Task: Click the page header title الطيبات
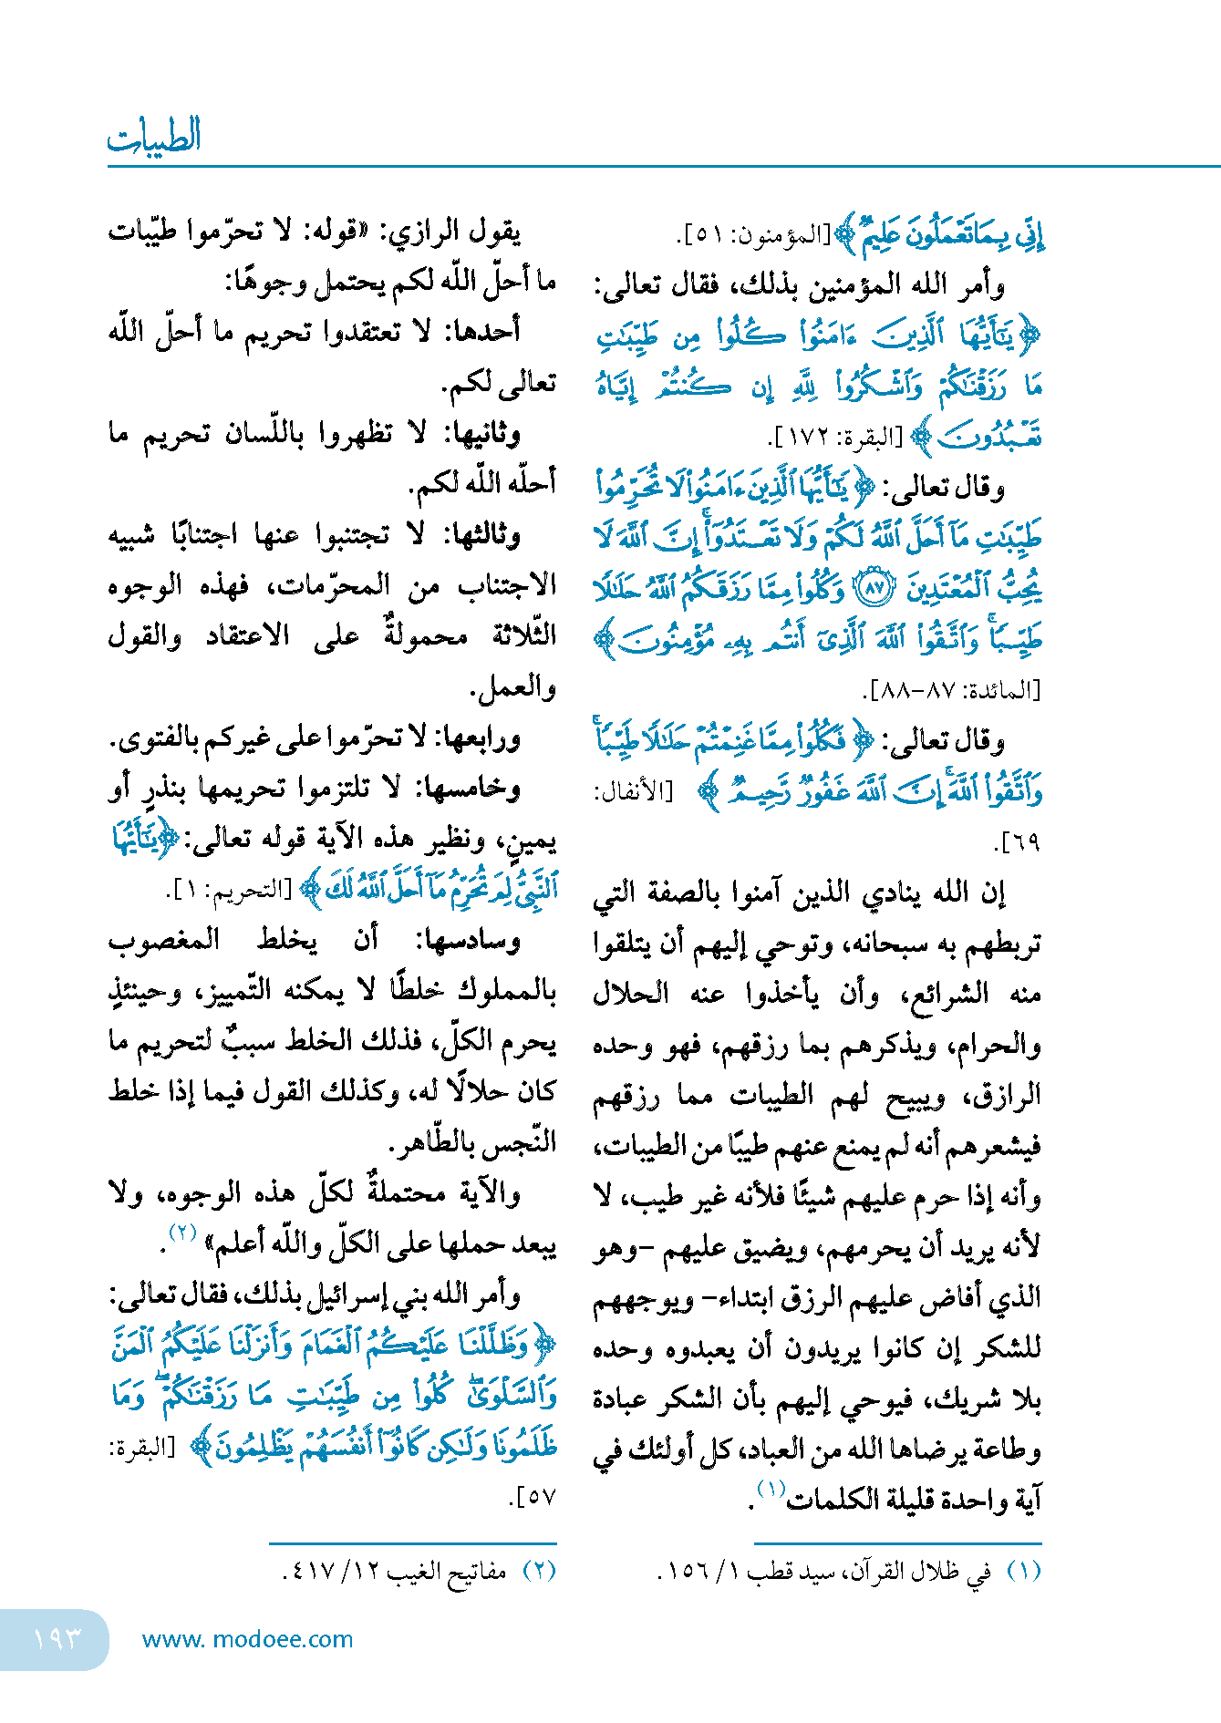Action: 154,137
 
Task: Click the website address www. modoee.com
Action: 247,1639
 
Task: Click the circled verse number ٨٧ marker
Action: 874,588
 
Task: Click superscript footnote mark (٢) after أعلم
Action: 184,1233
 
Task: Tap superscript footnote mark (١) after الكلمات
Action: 771,1489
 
